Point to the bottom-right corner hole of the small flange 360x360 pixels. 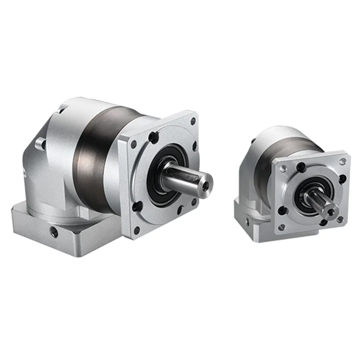coord(340,219)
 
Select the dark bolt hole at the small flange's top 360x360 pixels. coord(301,167)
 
